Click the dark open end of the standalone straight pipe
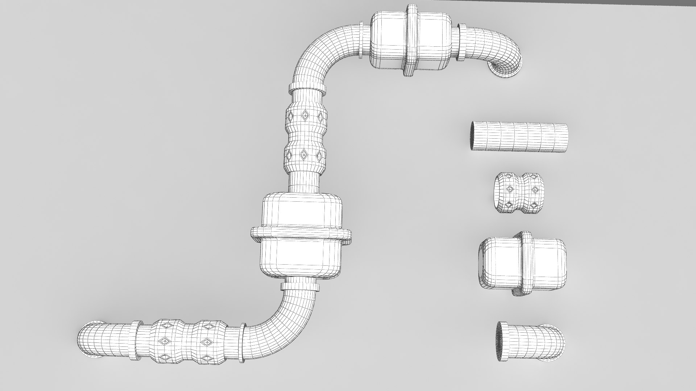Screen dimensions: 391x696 point(473,136)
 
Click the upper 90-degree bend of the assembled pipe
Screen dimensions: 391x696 point(319,54)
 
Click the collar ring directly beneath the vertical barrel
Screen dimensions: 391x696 point(300,287)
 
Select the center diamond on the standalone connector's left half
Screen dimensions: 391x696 point(509,189)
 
